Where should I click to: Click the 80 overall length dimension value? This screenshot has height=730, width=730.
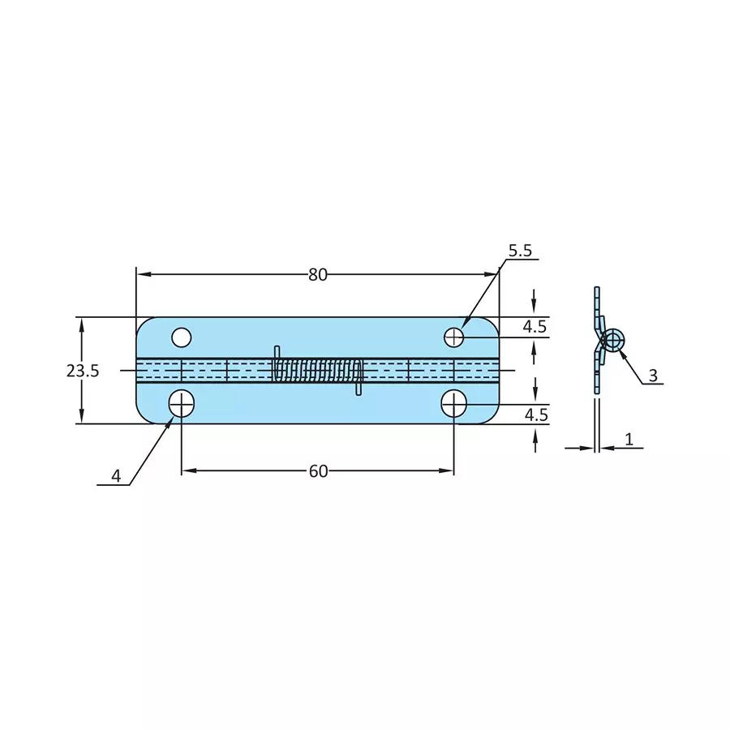[x=317, y=275]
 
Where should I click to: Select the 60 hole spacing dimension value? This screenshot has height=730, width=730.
[x=318, y=471]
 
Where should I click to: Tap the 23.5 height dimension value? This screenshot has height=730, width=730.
[x=83, y=371]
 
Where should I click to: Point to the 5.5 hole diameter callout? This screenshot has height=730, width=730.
[x=520, y=251]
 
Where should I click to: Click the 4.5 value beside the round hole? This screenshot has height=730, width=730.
[x=535, y=327]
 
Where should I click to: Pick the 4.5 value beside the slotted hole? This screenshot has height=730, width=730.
[x=535, y=414]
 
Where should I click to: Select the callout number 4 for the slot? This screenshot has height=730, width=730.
[x=116, y=477]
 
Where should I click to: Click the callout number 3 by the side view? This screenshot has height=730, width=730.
[x=653, y=376]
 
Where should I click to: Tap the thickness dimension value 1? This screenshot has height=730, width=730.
[x=629, y=440]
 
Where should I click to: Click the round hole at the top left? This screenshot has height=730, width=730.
[x=181, y=336]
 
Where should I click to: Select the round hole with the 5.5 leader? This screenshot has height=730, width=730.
[x=453, y=336]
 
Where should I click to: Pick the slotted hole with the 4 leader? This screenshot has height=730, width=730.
[x=181, y=403]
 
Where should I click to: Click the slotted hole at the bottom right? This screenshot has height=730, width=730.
[x=453, y=403]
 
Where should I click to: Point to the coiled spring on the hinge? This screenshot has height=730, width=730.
[x=318, y=370]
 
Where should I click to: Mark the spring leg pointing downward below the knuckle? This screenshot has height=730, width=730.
[x=359, y=389]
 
